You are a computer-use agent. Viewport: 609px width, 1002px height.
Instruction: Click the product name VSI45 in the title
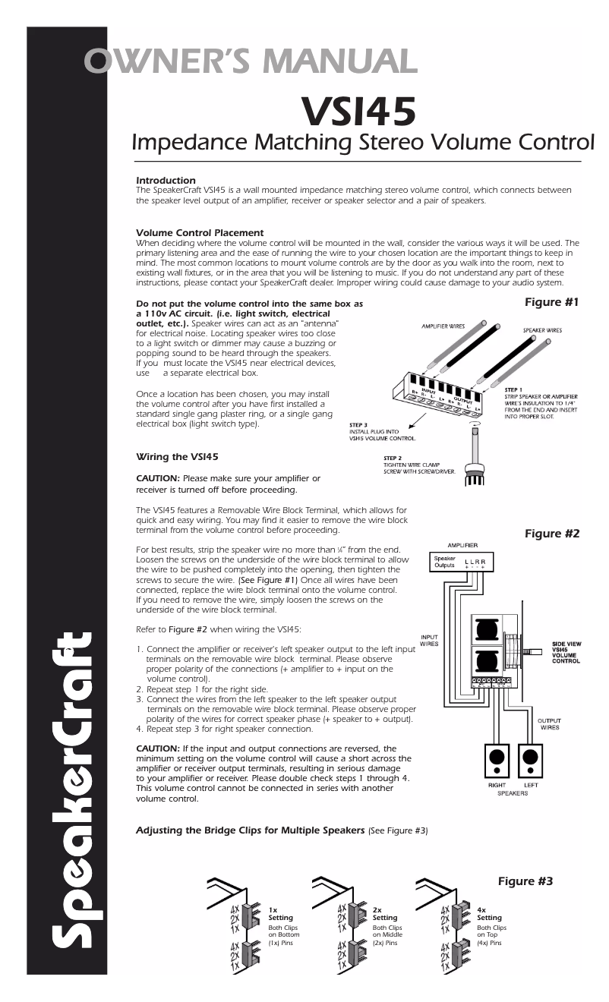click(358, 111)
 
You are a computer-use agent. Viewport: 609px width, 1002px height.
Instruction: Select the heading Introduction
click(166, 180)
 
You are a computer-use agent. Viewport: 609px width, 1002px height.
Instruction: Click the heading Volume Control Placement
click(200, 232)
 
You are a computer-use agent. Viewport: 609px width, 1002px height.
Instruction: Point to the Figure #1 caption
click(552, 302)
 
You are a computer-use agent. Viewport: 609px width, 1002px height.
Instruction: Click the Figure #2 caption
click(552, 534)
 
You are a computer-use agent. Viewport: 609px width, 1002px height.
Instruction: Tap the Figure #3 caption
click(525, 881)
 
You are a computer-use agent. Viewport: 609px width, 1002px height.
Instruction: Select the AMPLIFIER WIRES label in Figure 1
click(443, 326)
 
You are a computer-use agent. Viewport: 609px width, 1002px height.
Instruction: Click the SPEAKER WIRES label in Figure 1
click(542, 330)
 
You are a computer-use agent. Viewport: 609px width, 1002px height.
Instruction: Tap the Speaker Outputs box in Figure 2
click(444, 562)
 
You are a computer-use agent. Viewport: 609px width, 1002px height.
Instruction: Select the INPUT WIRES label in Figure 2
click(429, 640)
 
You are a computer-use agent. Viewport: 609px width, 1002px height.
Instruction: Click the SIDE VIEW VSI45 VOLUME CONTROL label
click(566, 653)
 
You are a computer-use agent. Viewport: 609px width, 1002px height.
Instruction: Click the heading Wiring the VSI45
click(177, 456)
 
